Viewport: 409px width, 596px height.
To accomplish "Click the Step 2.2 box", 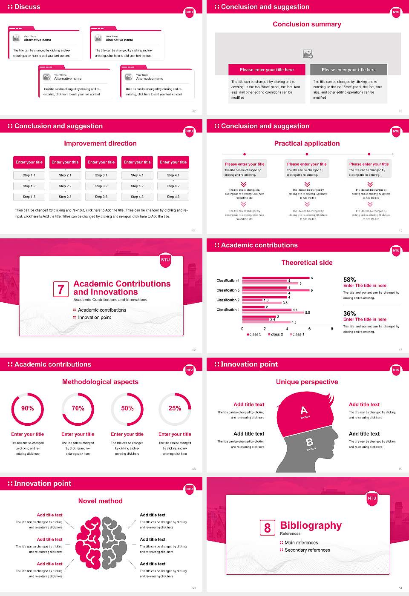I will click(65, 186).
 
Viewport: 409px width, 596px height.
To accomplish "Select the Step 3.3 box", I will click(101, 197).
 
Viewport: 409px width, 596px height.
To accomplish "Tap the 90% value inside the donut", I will click(28, 408).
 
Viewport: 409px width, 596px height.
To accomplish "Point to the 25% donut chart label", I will click(175, 408).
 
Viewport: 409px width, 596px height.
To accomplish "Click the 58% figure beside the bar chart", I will click(349, 280).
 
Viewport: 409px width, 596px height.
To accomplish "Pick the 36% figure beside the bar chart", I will click(349, 313).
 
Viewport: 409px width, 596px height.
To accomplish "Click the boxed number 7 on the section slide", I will click(60, 289).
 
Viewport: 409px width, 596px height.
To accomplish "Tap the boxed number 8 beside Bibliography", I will click(267, 528).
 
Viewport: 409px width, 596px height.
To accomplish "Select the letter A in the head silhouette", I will click(304, 410).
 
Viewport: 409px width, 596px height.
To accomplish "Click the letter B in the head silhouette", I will click(309, 443).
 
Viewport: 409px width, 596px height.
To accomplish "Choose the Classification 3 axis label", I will click(228, 290).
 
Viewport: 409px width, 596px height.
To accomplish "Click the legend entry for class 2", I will click(276, 334).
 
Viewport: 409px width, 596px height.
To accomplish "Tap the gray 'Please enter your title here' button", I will click(349, 70).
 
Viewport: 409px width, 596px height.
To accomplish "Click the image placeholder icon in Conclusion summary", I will click(308, 54).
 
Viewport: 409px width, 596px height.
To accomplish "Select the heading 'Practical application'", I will click(307, 143).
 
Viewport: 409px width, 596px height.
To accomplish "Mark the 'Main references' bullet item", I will click(301, 543).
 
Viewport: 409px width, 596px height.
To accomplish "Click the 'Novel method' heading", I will click(101, 501).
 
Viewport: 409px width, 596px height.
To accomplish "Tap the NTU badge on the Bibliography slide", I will click(372, 499).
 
